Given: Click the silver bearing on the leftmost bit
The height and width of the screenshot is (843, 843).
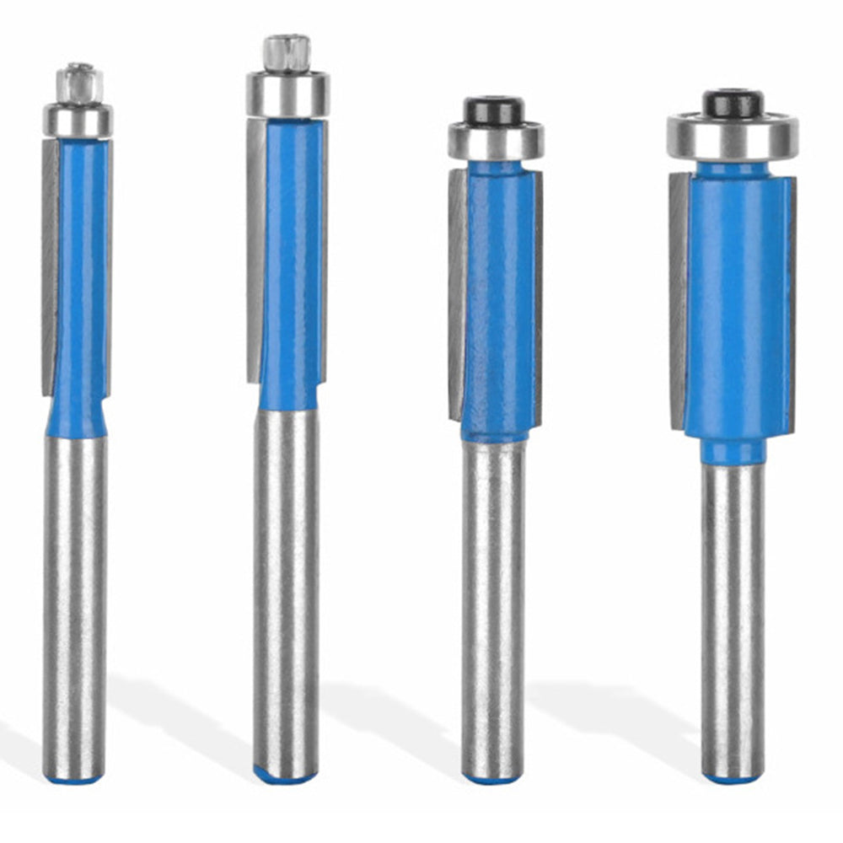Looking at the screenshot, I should (x=78, y=120).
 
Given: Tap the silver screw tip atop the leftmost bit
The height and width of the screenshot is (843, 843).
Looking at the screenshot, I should (x=79, y=83).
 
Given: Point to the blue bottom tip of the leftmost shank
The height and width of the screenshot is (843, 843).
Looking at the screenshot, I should (x=75, y=778).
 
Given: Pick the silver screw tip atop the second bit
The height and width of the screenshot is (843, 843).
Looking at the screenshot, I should (x=287, y=52).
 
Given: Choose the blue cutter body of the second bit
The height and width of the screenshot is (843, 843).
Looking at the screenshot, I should (x=290, y=261).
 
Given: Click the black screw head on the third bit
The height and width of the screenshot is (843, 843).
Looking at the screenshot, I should (x=494, y=110).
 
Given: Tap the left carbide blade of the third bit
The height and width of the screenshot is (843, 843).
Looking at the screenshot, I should (x=458, y=295).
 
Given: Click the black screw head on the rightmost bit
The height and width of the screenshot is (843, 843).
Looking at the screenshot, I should (x=733, y=103).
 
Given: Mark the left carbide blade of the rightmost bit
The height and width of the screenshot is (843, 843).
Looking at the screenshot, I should (x=679, y=299).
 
